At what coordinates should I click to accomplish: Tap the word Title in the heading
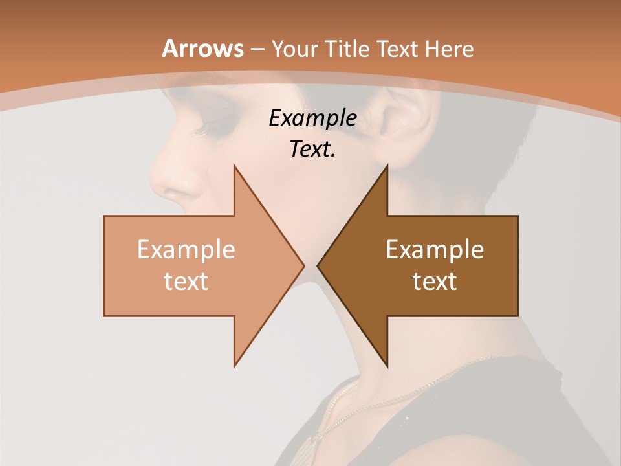click(348, 49)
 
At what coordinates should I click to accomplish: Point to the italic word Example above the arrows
click(312, 118)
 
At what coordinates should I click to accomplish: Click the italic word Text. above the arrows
click(312, 149)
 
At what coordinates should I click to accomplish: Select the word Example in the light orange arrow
click(186, 250)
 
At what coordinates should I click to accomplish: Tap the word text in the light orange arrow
click(186, 281)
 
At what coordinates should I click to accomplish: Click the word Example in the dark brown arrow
click(435, 250)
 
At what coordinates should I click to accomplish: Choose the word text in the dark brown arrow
click(435, 281)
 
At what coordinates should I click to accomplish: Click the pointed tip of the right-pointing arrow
click(303, 265)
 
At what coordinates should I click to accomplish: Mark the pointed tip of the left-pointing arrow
click(318, 265)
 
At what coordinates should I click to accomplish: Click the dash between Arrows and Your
click(256, 49)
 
